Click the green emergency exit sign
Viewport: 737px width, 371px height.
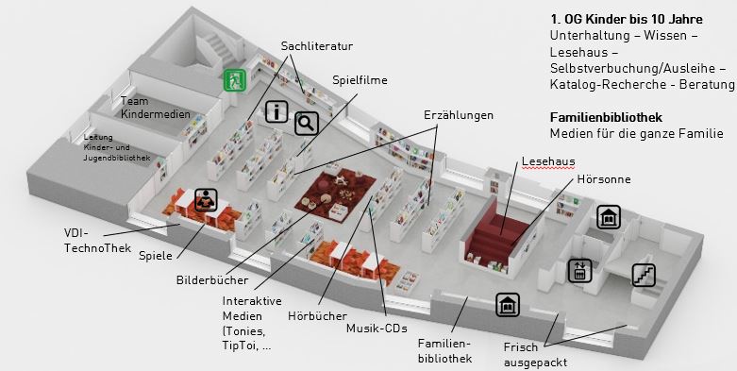click(x=235, y=80)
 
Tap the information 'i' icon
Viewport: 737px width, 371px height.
click(x=276, y=112)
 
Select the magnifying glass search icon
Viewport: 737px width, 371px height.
click(x=307, y=124)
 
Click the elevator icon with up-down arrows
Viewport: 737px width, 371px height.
click(x=579, y=271)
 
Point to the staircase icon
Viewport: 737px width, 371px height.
click(x=644, y=276)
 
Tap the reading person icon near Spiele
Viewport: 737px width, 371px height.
click(x=206, y=200)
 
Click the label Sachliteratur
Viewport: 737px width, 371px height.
click(x=317, y=46)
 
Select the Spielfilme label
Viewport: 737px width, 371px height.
click(x=360, y=80)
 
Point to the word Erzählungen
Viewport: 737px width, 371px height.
click(x=459, y=115)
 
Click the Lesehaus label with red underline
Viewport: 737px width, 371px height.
click(x=548, y=161)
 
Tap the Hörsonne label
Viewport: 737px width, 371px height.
click(x=604, y=179)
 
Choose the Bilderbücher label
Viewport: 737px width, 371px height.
click(x=212, y=280)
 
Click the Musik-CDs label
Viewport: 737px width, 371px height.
click(x=377, y=329)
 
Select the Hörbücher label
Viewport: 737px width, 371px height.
click(x=317, y=316)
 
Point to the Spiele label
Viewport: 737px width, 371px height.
click(x=156, y=257)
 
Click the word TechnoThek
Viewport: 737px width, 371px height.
click(x=98, y=247)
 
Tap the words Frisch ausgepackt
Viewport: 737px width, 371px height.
click(x=535, y=355)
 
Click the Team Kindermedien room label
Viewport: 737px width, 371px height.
click(x=156, y=108)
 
